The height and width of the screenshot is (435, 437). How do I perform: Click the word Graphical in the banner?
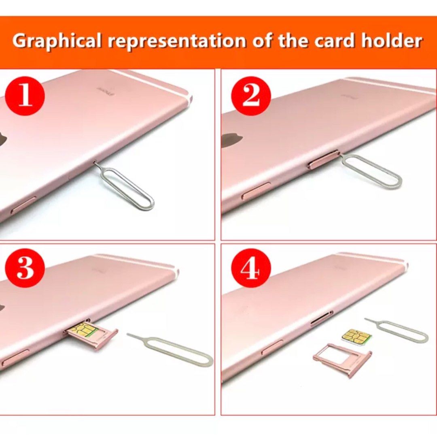[x=56, y=41]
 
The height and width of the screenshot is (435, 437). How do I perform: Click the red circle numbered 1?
[x=25, y=96]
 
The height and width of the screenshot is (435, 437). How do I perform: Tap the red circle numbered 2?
[x=251, y=96]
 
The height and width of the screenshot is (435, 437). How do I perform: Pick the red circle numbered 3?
[x=25, y=269]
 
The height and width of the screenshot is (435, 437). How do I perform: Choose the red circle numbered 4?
[x=251, y=269]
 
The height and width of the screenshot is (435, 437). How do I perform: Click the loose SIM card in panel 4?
[x=356, y=336]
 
